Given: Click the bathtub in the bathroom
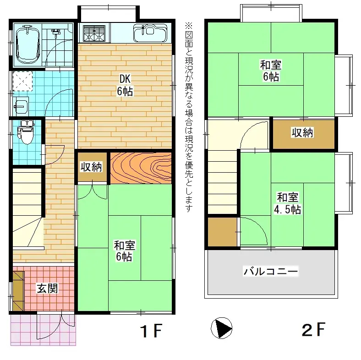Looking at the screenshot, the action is (28, 45).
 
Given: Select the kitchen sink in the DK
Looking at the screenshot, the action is (150, 33).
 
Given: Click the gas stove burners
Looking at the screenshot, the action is (94, 33).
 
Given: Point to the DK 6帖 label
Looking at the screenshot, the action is (125, 85).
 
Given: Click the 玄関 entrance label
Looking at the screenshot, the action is (48, 288).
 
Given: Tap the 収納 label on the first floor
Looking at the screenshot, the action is (91, 167).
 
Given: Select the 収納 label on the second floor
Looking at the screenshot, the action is (302, 132).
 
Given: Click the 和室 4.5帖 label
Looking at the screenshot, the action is (288, 203).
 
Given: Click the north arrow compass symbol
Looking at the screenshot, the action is (221, 328).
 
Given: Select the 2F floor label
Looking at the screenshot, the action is (313, 329).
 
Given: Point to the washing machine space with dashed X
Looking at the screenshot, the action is (22, 81).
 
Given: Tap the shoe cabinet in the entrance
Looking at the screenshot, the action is (18, 291).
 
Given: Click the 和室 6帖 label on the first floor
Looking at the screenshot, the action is (124, 251).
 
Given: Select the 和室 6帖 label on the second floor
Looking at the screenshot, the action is (271, 71).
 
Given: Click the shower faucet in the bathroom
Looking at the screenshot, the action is (55, 33).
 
